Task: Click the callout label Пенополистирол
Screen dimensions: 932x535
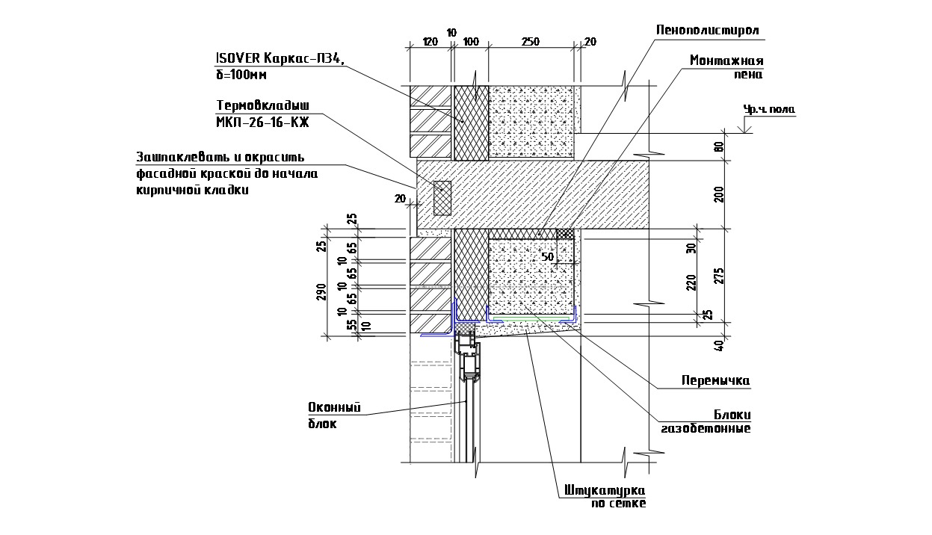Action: tap(707, 31)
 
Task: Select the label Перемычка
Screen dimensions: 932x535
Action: tap(716, 380)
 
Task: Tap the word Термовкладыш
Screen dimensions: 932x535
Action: tap(262, 105)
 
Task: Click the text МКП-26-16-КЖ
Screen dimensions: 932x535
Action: tap(262, 123)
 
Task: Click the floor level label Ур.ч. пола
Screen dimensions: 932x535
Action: tap(769, 109)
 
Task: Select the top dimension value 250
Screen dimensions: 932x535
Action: tap(531, 42)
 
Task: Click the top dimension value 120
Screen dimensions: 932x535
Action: tap(430, 42)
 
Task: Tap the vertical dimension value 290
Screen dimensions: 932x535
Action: tap(321, 292)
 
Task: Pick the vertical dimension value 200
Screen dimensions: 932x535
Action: tap(718, 195)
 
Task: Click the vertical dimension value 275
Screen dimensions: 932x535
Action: tap(718, 276)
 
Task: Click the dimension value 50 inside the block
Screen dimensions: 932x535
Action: tap(548, 257)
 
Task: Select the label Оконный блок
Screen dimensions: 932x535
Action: tap(335, 415)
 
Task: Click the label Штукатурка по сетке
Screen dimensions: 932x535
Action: tap(605, 496)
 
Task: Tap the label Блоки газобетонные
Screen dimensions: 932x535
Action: tap(706, 421)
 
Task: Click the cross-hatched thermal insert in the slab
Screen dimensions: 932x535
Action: tap(442, 198)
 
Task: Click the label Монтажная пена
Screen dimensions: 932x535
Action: tap(726, 67)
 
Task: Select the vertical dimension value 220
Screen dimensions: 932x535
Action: tap(691, 283)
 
